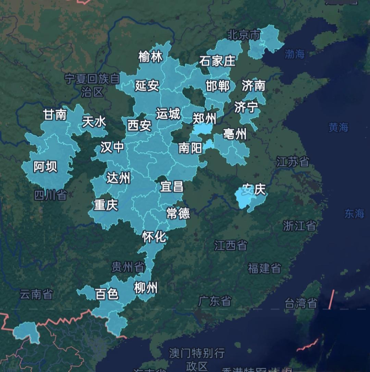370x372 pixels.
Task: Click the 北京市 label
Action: pyautogui.click(x=244, y=35)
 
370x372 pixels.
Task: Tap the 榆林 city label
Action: pyautogui.click(x=150, y=57)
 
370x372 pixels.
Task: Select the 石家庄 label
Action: pyautogui.click(x=217, y=61)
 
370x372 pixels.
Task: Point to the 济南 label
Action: pyautogui.click(x=254, y=85)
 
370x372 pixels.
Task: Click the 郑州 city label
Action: pyautogui.click(x=204, y=118)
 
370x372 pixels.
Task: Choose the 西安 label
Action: pyautogui.click(x=139, y=125)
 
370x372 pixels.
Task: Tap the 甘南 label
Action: pyautogui.click(x=55, y=115)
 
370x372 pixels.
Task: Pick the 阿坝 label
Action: pyautogui.click(x=45, y=167)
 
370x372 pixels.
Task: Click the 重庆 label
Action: pyautogui.click(x=106, y=205)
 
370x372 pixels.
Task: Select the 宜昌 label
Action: pyautogui.click(x=172, y=187)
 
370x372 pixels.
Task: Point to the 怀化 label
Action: pyautogui.click(x=155, y=236)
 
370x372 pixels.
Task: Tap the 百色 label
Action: pyautogui.click(x=107, y=294)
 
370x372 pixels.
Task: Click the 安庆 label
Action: pyautogui.click(x=254, y=189)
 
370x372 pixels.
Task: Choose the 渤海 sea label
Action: pyautogui.click(x=294, y=54)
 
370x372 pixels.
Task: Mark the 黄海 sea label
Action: pyautogui.click(x=338, y=127)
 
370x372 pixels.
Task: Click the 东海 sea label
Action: pyautogui.click(x=354, y=214)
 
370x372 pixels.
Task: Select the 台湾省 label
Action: pyautogui.click(x=301, y=303)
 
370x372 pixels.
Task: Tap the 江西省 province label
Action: pyautogui.click(x=231, y=245)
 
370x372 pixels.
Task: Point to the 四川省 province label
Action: pyautogui.click(x=50, y=195)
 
